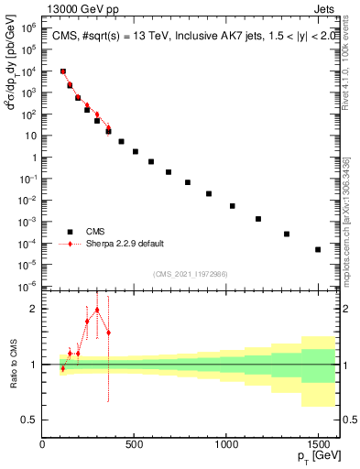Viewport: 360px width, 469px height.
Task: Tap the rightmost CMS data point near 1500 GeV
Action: click(318, 249)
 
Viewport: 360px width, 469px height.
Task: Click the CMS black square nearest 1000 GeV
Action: click(233, 206)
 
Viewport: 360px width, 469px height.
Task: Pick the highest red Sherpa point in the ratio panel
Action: click(97, 310)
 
